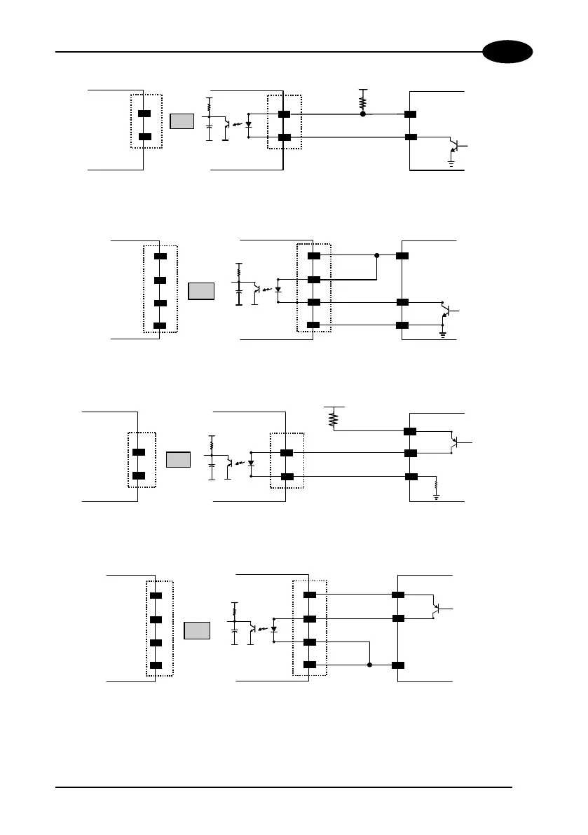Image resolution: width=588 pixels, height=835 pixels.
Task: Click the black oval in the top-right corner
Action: [507, 53]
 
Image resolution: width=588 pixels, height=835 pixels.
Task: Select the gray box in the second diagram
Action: [200, 291]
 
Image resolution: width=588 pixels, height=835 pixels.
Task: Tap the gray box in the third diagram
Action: [178, 460]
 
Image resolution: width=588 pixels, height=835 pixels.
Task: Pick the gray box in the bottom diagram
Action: [196, 630]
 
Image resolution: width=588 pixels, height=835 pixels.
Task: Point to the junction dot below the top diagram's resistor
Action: [362, 114]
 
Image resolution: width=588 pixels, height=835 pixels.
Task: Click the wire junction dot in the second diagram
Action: [377, 256]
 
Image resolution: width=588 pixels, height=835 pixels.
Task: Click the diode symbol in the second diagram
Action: [278, 289]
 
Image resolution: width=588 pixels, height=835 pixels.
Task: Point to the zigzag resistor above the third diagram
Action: [334, 419]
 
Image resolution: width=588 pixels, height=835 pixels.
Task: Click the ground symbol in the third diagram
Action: [436, 496]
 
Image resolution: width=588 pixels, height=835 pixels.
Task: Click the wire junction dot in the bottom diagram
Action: [369, 665]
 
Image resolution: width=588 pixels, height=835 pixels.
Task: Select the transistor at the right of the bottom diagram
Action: [437, 607]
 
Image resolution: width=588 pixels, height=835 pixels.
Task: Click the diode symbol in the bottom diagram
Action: [273, 629]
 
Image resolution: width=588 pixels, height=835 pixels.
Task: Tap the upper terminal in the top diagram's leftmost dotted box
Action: [144, 114]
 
